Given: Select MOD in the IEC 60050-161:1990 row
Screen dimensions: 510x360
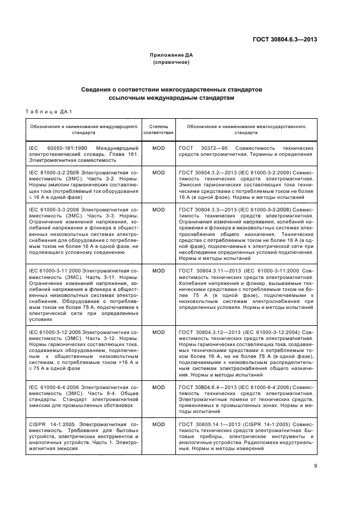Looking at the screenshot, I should click(x=158, y=148).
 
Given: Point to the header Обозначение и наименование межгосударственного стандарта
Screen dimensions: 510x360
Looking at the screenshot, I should click(x=247, y=129).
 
